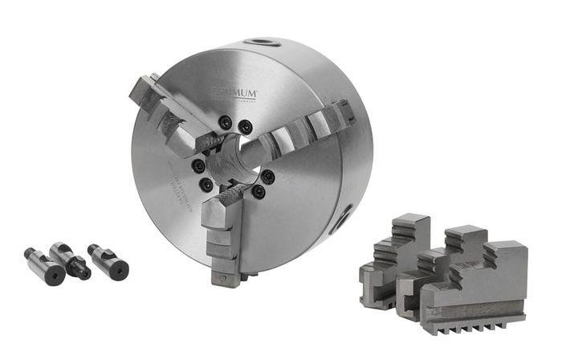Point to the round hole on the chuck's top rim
pos(263,43)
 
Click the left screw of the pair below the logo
pos(226,123)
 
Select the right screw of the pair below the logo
pos(246,126)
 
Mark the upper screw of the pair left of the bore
pos(198,166)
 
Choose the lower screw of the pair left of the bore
pos(207,184)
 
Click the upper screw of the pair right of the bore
pos(267,177)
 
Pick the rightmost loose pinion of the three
pos(108,261)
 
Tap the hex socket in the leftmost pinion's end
pos(55,275)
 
